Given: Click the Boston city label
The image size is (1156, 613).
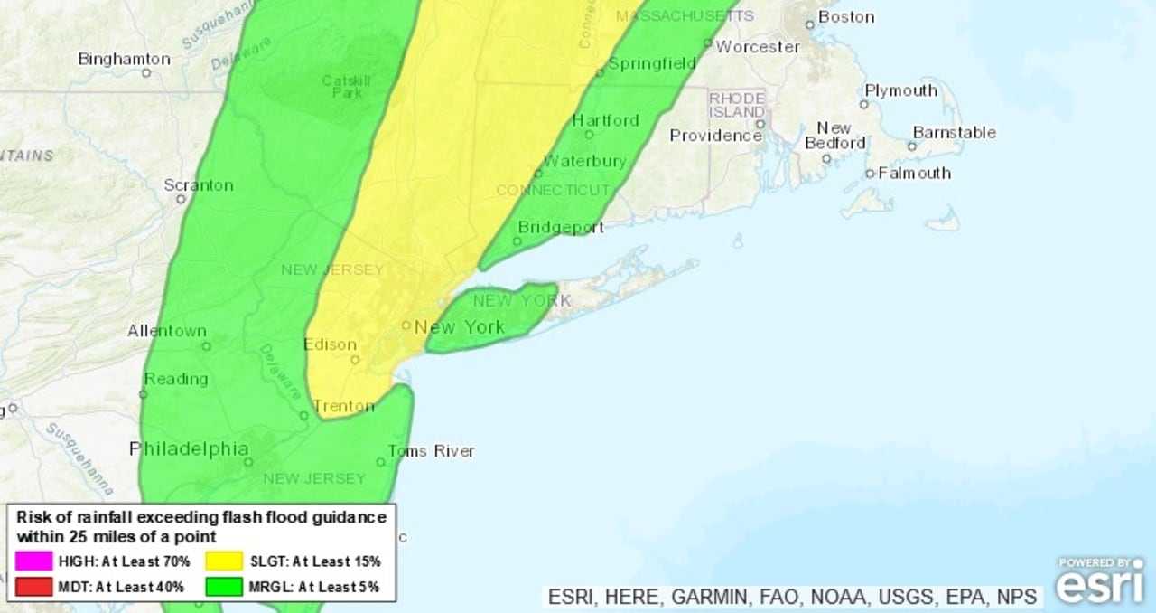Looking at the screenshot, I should (846, 17).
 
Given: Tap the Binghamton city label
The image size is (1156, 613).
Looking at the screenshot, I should (124, 60).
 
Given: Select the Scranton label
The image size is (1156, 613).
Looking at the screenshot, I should (198, 185).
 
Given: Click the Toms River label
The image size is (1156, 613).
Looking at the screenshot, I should (431, 451).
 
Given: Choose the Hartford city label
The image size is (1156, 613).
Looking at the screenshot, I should (605, 120).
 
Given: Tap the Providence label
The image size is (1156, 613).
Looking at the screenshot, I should (715, 136).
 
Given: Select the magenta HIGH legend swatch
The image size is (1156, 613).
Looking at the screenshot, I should (33, 561).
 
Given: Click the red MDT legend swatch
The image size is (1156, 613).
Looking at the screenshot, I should (33, 587).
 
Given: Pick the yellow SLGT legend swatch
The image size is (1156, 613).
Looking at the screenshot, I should (224, 561).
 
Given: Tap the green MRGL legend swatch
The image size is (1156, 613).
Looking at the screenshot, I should (224, 587).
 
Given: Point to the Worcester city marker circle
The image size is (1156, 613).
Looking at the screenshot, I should (708, 43).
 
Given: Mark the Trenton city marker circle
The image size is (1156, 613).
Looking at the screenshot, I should (305, 416).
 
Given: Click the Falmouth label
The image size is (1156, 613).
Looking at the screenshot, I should (914, 173).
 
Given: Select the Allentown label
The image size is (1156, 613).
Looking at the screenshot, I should (167, 331).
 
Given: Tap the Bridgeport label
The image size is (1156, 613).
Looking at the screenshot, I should (560, 227).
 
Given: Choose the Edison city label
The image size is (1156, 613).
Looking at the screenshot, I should (330, 344).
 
